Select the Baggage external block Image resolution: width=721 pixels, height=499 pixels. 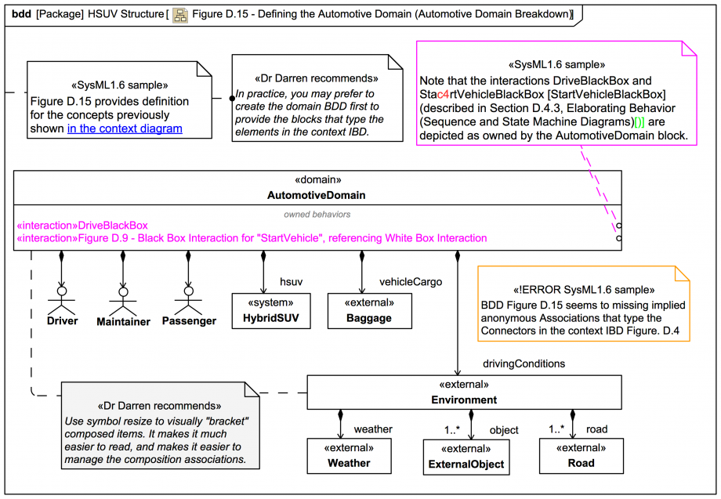click(368, 311)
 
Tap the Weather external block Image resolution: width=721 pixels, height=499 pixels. click(349, 456)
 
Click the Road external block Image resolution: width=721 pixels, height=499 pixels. click(580, 456)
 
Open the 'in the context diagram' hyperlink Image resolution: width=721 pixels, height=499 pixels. click(125, 128)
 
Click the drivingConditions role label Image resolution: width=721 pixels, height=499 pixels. click(524, 363)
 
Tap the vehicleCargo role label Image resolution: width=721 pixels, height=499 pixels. click(411, 281)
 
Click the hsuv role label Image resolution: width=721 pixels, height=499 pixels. click(291, 281)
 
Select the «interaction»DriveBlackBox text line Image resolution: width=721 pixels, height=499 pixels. click(82, 226)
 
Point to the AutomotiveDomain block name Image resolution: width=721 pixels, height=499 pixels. click(317, 195)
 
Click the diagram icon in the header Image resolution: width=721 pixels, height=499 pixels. click(180, 14)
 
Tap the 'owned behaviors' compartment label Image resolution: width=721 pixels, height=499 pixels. click(317, 213)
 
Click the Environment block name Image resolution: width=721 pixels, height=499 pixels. click(463, 400)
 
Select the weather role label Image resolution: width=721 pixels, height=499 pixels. click(373, 428)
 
